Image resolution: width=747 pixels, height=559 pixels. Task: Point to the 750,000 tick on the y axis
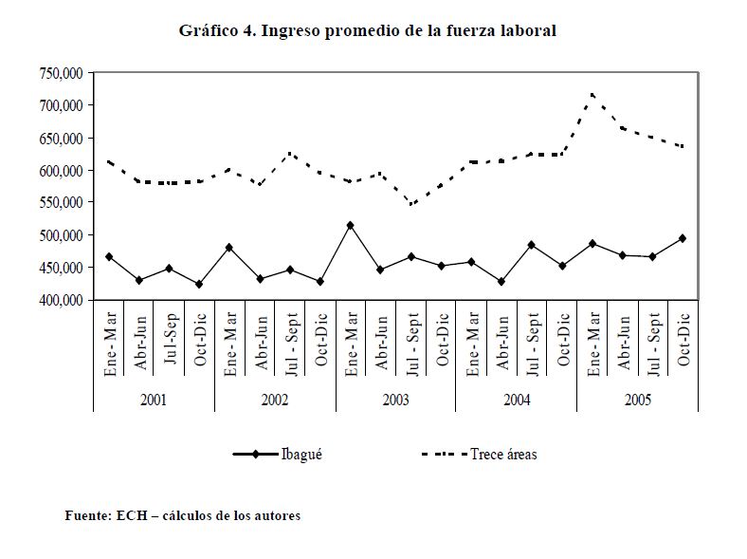pos(63,73)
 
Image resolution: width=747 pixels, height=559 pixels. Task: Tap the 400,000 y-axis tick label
pos(63,300)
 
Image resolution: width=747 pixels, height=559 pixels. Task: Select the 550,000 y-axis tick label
pos(63,203)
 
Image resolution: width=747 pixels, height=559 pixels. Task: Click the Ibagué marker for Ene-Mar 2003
pos(351,226)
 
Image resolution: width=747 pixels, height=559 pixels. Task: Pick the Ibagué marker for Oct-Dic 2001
pos(199,284)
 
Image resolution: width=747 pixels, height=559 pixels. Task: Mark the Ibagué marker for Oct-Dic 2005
pos(683,238)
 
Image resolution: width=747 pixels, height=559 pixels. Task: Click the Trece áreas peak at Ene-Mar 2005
pos(592,95)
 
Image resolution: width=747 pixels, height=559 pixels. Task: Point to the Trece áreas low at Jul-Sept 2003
pos(410,204)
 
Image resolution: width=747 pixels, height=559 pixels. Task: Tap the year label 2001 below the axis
pos(154,401)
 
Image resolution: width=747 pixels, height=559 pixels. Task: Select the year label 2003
pos(395,401)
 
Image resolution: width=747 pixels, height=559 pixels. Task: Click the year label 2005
pos(637,401)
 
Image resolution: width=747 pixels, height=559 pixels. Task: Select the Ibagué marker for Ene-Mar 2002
pos(229,248)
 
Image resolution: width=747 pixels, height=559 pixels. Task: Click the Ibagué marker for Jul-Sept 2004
pos(532,245)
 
